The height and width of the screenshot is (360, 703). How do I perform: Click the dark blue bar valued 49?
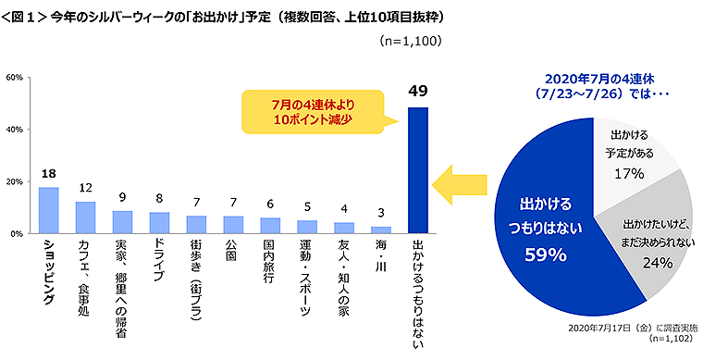click(x=418, y=170)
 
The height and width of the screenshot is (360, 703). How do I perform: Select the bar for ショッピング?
click(x=48, y=210)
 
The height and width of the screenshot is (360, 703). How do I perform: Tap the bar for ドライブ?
click(x=159, y=223)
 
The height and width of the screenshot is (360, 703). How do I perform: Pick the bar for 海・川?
click(x=381, y=230)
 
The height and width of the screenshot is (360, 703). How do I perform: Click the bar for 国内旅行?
click(x=270, y=225)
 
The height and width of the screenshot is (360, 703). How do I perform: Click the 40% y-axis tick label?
click(x=15, y=130)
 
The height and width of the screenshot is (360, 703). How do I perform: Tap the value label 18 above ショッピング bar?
click(x=48, y=175)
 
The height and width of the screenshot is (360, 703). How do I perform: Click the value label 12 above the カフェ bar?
click(x=85, y=189)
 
